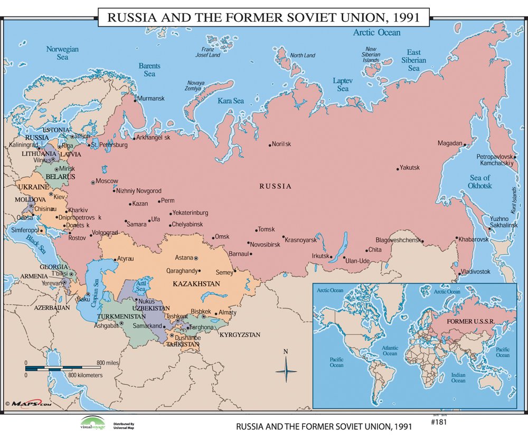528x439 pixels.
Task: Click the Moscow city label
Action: (x=107, y=181)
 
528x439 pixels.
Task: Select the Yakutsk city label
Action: (x=410, y=168)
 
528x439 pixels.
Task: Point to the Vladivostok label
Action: (x=476, y=272)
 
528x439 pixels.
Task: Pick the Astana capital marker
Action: (x=196, y=258)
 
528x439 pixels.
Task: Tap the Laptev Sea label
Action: (x=343, y=84)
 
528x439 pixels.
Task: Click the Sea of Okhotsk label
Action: (x=480, y=182)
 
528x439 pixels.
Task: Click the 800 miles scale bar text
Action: (x=108, y=363)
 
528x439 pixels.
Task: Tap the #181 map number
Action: (x=439, y=422)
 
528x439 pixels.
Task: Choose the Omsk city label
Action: (x=222, y=237)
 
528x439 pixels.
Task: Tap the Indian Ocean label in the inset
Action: (x=458, y=377)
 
